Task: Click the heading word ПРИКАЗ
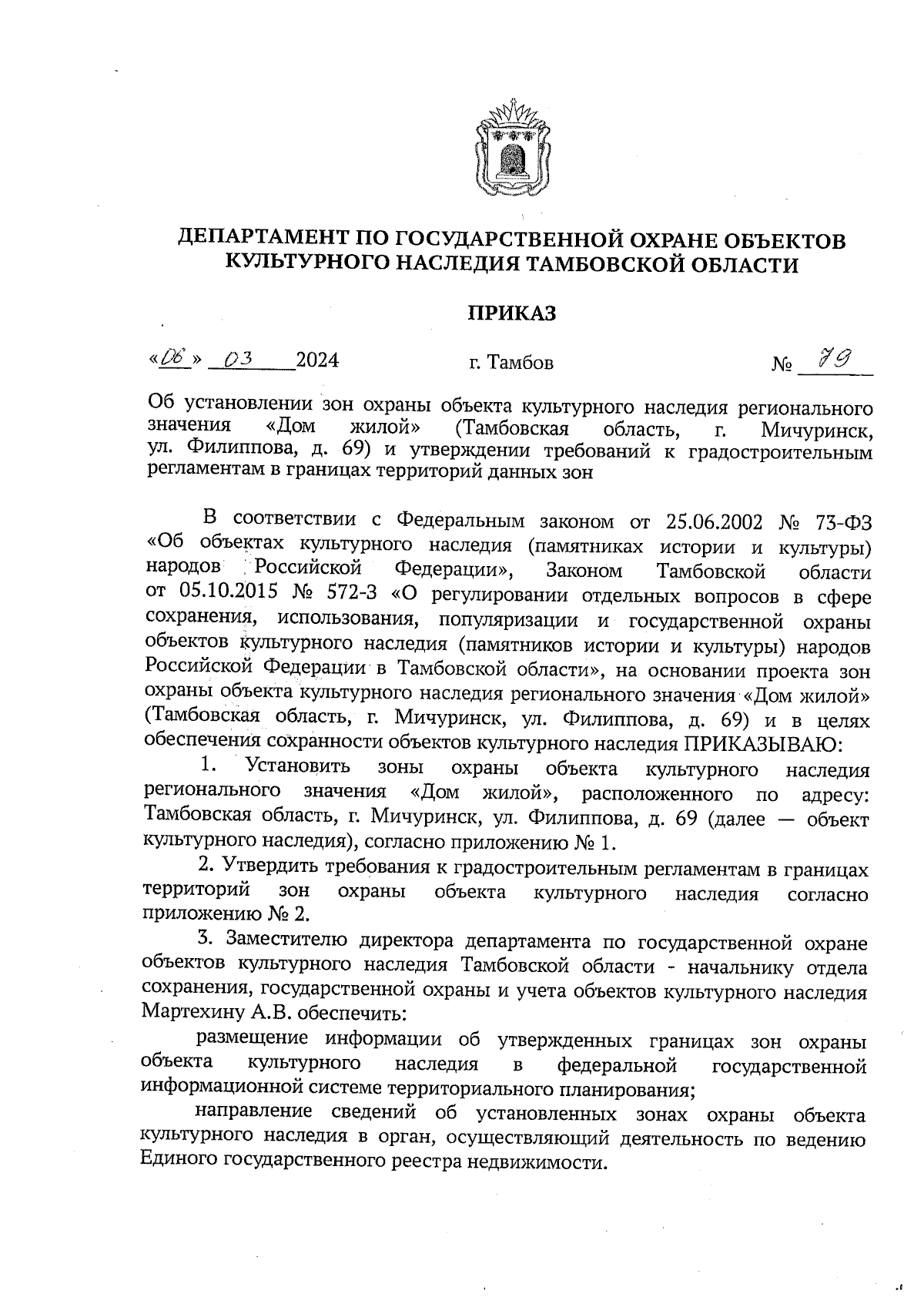pos(512,313)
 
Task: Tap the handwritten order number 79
pos(835,358)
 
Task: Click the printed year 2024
pos(317,360)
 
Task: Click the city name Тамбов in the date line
pos(521,362)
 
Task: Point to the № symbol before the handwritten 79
pos(782,363)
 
